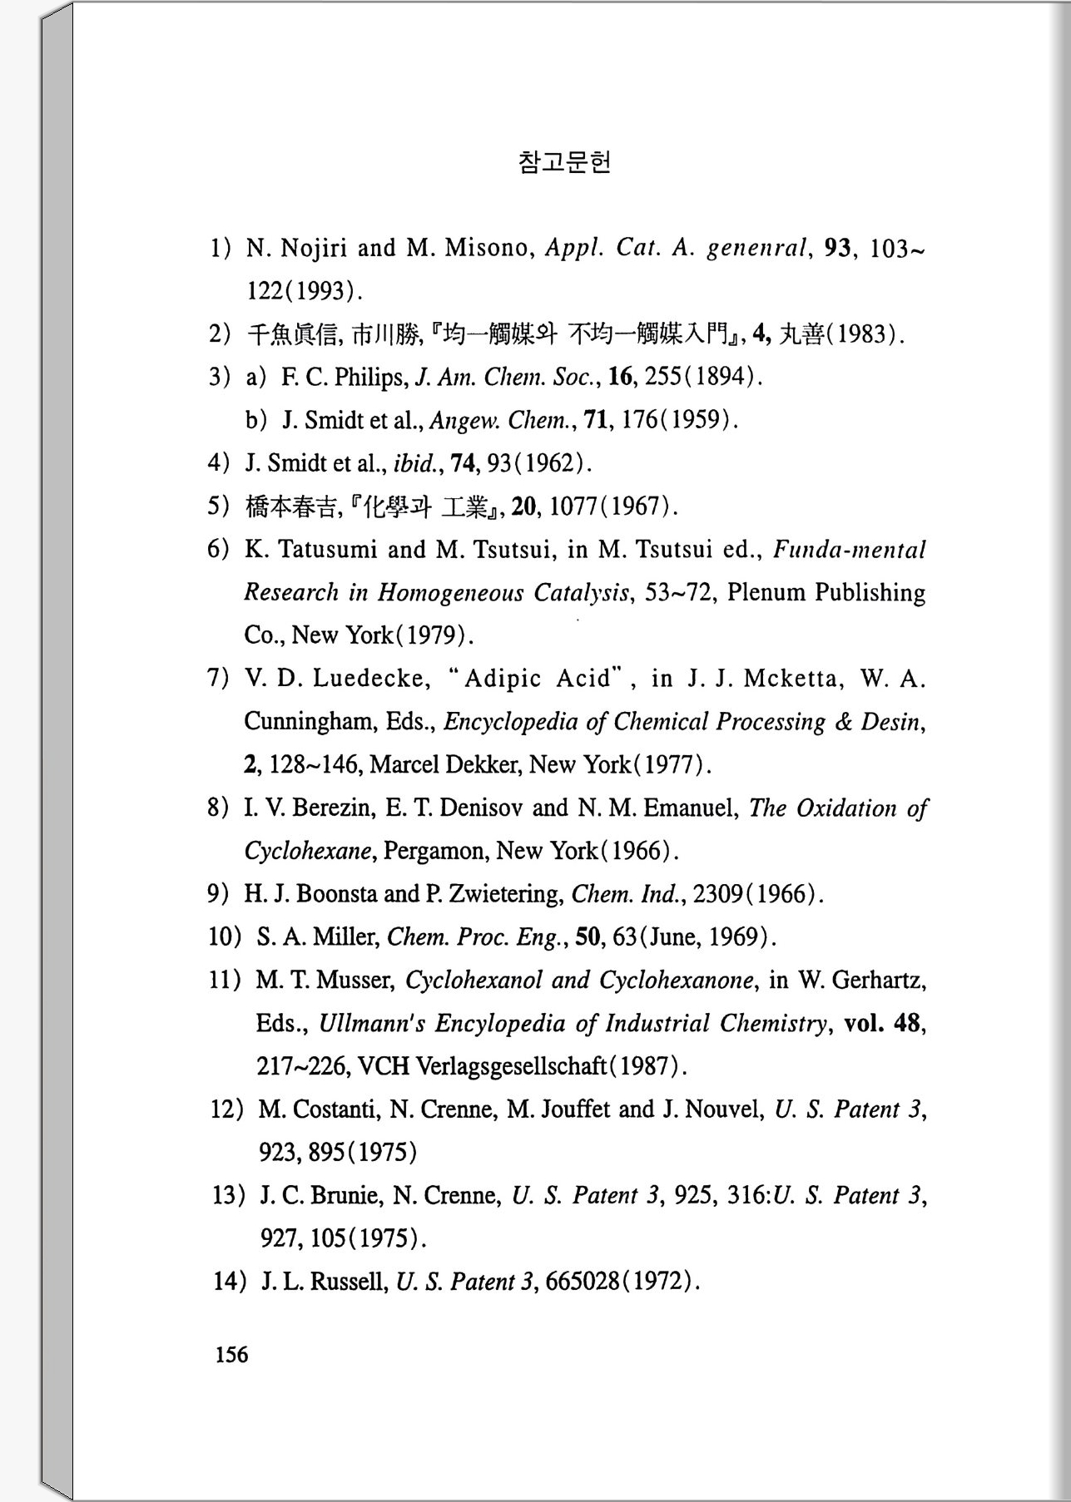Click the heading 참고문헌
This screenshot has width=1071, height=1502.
click(564, 161)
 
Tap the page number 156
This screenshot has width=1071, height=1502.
click(231, 1355)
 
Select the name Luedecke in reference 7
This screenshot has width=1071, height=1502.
click(371, 679)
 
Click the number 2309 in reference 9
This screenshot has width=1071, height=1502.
click(718, 894)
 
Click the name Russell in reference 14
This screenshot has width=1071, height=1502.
click(349, 1282)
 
